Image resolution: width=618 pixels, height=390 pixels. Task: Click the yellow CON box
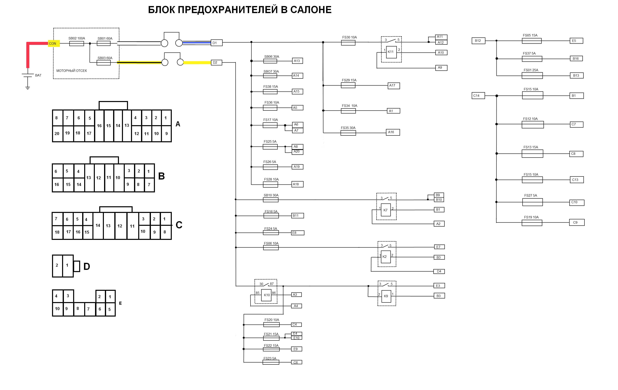click(x=54, y=43)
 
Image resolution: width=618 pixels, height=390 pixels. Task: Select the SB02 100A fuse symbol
click(x=77, y=44)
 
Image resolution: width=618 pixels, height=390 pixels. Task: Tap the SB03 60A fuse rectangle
click(x=104, y=62)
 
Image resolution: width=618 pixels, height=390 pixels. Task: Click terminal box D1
click(x=216, y=43)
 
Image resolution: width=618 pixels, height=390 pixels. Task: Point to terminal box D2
click(x=216, y=62)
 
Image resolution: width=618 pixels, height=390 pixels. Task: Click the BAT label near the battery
click(x=38, y=75)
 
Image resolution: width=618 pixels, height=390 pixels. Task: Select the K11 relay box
click(x=391, y=52)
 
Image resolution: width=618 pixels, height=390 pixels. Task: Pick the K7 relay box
click(x=386, y=210)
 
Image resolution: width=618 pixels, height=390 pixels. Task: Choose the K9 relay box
click(x=386, y=296)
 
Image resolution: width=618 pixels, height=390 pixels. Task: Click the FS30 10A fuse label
click(x=349, y=37)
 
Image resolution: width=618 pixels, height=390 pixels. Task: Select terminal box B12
click(x=478, y=41)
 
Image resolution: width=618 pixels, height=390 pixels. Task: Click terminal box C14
click(x=478, y=96)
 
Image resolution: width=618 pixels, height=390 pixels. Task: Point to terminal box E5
click(x=576, y=41)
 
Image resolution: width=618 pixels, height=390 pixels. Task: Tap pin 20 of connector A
click(x=57, y=133)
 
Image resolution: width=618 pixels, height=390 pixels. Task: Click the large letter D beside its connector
click(x=87, y=266)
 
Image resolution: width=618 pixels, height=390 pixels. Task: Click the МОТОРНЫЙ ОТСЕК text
click(x=72, y=71)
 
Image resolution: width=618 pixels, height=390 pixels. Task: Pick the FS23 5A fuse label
click(x=270, y=358)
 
